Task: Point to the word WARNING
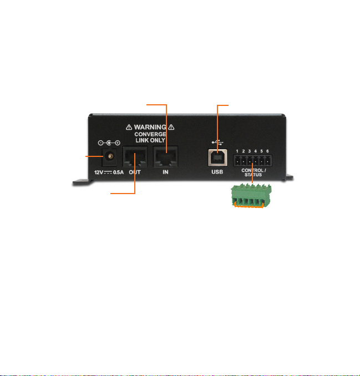[x=149, y=127]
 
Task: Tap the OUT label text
[x=135, y=172]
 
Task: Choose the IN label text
[x=166, y=172]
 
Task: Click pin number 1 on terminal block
[x=237, y=151]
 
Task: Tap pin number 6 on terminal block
[x=268, y=151]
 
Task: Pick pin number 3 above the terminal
[x=250, y=151]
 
